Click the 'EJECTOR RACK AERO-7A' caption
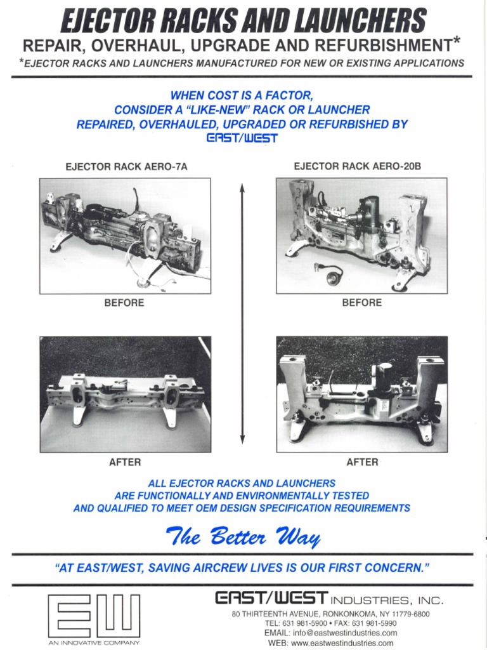point(127,168)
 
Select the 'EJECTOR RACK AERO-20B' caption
point(358,166)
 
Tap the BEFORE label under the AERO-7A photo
point(124,303)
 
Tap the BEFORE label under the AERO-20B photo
point(362,303)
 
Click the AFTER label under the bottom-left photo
point(125,462)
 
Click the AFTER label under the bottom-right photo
point(362,462)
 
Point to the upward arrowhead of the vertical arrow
point(242,187)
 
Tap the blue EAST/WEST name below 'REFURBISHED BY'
point(243,138)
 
